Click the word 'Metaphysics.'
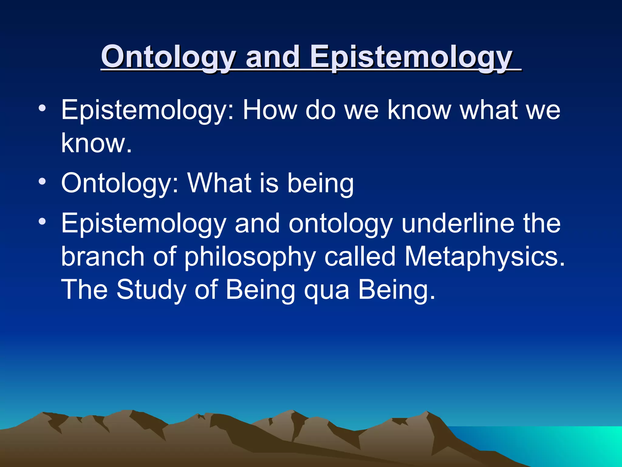[x=484, y=257]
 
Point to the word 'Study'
[x=151, y=290]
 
